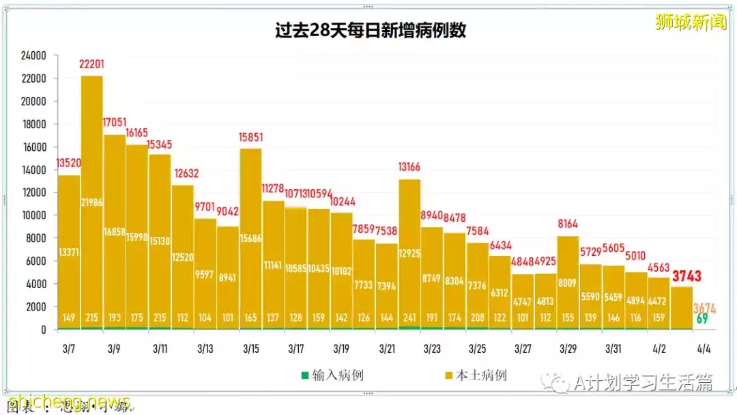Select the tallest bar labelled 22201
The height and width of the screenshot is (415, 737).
click(92, 205)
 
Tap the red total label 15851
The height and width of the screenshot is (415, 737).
click(250, 138)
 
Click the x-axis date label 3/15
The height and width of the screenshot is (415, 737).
click(250, 349)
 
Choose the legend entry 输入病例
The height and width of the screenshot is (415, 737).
click(332, 375)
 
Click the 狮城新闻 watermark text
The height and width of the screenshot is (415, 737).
click(691, 23)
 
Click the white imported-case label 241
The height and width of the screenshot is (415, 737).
click(409, 317)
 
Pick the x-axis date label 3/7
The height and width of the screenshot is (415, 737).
click(69, 349)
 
